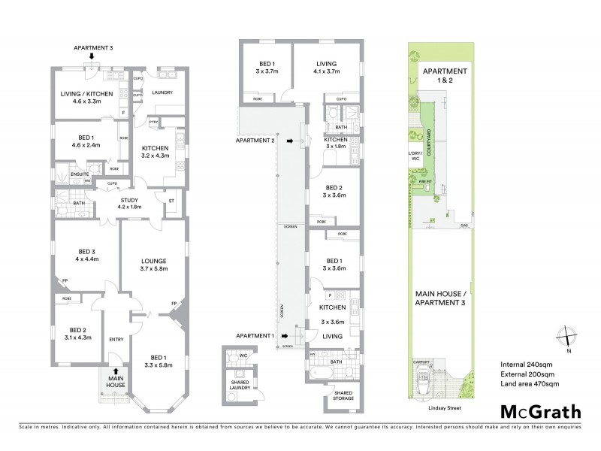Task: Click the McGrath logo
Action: coord(539,411)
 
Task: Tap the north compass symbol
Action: coord(569,339)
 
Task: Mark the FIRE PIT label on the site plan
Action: coord(424,181)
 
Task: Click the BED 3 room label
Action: coord(80,256)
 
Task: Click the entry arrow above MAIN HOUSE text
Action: coord(114,371)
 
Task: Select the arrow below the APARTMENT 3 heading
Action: coord(92,56)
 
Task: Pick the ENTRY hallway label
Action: coord(116,339)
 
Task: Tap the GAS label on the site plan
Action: coord(465,225)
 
